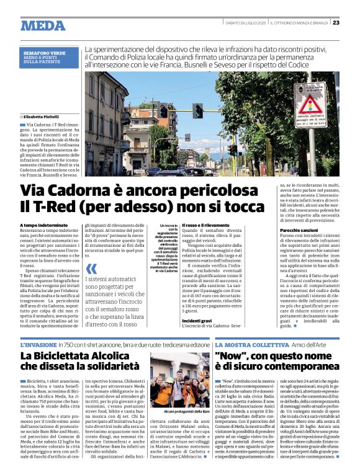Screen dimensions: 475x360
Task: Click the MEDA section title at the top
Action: pyautogui.click(x=43, y=25)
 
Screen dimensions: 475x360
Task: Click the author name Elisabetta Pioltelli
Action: pyautogui.click(x=44, y=116)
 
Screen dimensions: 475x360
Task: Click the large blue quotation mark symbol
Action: pyautogui.click(x=91, y=269)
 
